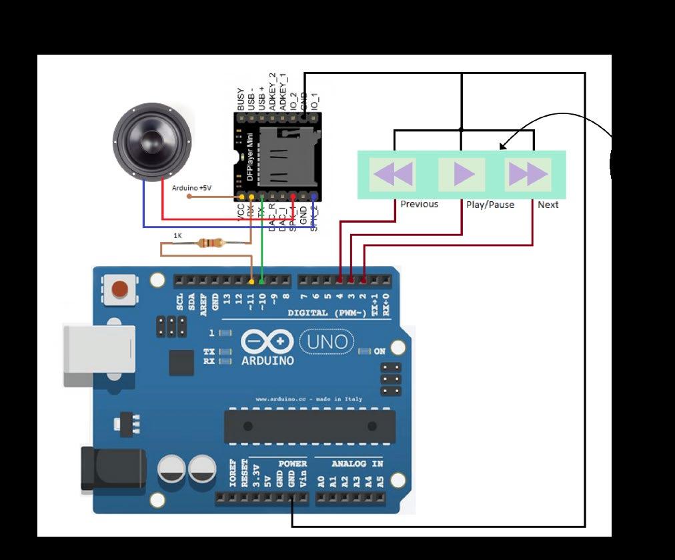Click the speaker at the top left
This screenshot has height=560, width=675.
[153, 141]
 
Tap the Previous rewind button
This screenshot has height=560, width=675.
[392, 175]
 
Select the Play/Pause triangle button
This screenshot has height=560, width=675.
[462, 175]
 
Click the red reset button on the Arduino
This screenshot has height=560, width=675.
[120, 289]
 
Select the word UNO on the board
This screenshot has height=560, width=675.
[327, 342]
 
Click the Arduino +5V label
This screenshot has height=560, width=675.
[191, 188]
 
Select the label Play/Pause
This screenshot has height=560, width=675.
[490, 205]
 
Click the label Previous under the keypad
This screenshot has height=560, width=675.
[419, 204]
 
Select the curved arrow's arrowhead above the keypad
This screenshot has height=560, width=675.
[502, 147]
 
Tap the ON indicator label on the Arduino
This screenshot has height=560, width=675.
[380, 351]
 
